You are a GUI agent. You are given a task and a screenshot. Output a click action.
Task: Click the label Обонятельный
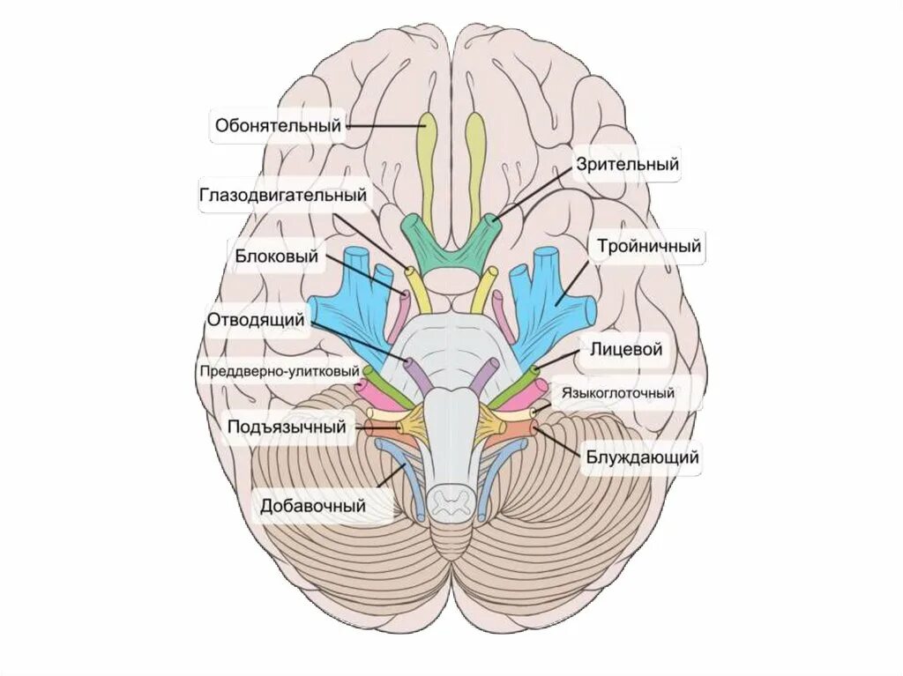point(278,126)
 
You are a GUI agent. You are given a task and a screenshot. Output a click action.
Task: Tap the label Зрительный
point(627,164)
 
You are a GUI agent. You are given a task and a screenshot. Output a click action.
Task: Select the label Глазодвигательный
point(282,195)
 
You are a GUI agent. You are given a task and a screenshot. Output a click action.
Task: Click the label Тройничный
point(648,246)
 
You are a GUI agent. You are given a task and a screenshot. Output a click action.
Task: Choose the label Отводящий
point(256,319)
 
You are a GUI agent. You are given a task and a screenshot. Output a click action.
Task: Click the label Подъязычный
point(286,427)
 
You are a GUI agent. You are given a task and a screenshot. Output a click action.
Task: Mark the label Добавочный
point(312,507)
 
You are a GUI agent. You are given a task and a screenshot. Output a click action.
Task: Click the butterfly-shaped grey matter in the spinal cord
point(451,502)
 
